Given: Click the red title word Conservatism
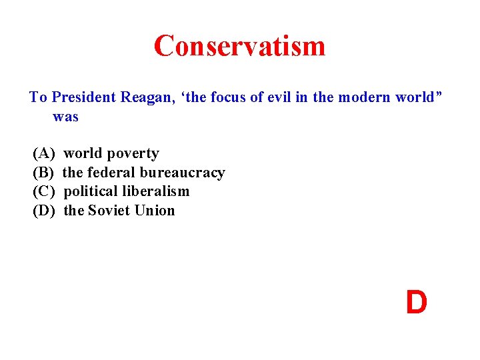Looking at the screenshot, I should tap(239, 46).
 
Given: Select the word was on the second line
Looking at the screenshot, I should tap(66, 117).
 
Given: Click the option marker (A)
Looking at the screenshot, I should tap(44, 154).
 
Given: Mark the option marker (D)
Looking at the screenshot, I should tap(44, 211).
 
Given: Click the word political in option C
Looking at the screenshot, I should tap(91, 192).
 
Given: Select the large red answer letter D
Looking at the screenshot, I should tap(416, 303).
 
